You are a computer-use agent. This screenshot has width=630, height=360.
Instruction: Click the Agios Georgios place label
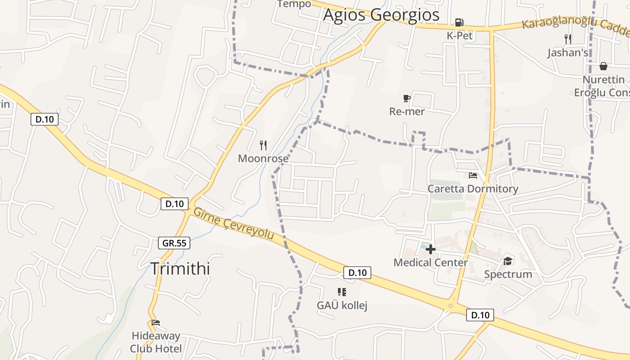pos(381,15)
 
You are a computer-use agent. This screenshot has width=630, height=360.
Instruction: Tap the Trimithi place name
pos(180,268)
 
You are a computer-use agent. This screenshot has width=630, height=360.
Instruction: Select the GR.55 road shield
pos(175,243)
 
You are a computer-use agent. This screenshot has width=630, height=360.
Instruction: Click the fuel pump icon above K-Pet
pos(459,22)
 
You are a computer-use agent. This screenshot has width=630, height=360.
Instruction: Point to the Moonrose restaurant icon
pos(263,145)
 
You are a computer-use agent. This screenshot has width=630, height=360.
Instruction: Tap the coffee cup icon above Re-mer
pos(407,98)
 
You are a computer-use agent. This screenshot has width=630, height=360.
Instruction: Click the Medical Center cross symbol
pos(431,249)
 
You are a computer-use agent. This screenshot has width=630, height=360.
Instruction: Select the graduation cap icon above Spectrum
pos(508,261)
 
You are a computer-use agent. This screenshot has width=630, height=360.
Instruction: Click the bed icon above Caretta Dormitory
pos(472,175)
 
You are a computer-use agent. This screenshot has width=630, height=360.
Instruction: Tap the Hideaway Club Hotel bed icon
pos(156,323)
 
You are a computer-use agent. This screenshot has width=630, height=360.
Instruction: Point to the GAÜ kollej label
pos(342,306)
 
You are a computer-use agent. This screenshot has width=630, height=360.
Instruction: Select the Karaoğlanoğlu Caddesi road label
pos(576,25)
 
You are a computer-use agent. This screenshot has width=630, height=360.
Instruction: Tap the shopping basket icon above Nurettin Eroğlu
pos(603,66)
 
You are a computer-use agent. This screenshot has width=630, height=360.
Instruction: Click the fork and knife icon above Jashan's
pos(568,39)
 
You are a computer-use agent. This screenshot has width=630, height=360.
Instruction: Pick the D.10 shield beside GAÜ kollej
pos(357,272)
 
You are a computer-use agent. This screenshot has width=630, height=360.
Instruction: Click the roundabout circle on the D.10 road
pos(450,306)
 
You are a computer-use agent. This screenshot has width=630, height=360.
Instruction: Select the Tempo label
pos(294,4)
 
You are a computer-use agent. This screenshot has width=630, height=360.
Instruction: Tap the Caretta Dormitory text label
pos(472,189)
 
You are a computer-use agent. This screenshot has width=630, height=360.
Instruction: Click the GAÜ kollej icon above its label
pos(342,292)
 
